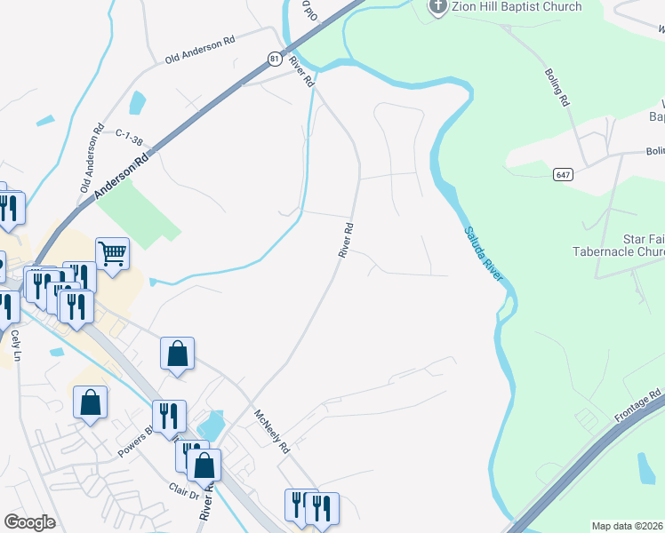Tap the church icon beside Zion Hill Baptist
point(437,7)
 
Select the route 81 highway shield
point(275,59)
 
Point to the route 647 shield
point(561,175)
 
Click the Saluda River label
point(484,255)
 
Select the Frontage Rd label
point(637,405)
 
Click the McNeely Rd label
point(272,432)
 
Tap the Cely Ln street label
point(15,346)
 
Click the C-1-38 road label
point(130,133)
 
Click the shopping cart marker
point(113,254)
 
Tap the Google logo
point(29,521)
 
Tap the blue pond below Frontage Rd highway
point(647,469)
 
